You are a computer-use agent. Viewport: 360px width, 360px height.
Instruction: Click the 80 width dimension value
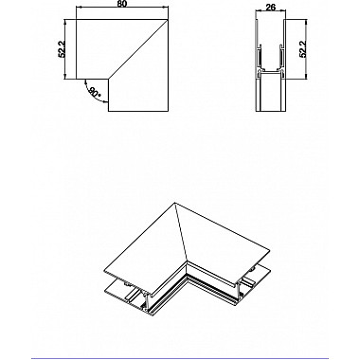point(123,6)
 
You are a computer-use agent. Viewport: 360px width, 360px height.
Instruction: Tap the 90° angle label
point(93,93)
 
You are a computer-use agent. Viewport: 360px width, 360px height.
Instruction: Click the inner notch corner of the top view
point(110,80)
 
